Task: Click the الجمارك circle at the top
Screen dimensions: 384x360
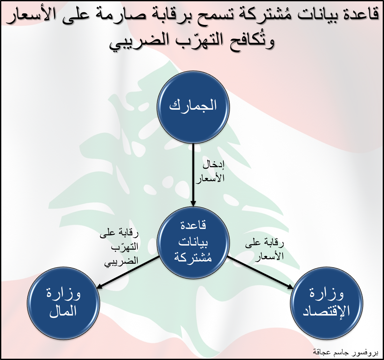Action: pyautogui.click(x=193, y=107)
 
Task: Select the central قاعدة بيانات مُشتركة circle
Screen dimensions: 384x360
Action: pyautogui.click(x=193, y=243)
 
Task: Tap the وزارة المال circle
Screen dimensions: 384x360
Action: pyautogui.click(x=63, y=303)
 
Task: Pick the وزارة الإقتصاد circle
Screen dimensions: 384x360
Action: pyautogui.click(x=327, y=303)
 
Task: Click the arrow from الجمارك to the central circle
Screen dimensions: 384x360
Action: pyautogui.click(x=193, y=175)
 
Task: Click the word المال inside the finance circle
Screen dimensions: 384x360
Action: pyautogui.click(x=63, y=312)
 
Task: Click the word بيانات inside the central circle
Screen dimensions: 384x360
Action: pyautogui.click(x=193, y=242)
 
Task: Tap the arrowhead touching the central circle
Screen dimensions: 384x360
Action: pyautogui.click(x=193, y=203)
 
